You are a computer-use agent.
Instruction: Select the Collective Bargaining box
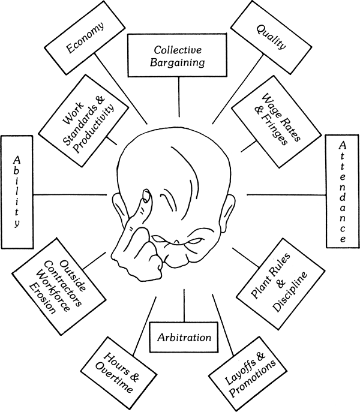click(179, 55)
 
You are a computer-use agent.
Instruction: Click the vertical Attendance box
click(341, 191)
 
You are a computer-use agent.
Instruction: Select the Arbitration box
click(184, 338)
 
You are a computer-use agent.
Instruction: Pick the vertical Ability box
click(17, 191)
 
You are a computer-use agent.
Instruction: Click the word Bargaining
click(179, 62)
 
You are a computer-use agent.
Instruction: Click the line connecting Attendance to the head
click(285, 194)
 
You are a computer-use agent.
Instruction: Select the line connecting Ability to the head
click(72, 194)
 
